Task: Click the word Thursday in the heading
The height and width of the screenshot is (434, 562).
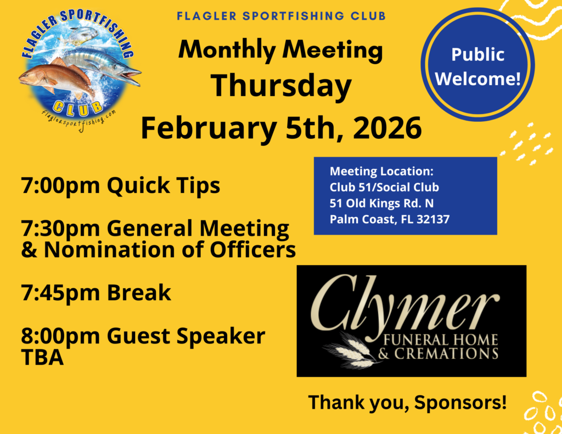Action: click(281, 86)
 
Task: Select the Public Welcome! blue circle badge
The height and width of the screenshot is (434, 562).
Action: click(478, 65)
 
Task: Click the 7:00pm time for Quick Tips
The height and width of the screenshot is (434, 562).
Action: click(60, 185)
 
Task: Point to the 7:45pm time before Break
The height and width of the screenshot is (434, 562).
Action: click(60, 292)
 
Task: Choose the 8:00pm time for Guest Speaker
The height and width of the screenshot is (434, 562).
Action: click(60, 336)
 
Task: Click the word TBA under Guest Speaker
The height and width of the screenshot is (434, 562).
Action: click(42, 357)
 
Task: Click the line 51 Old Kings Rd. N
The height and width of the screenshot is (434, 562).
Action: click(381, 203)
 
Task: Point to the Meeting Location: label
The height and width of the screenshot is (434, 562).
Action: click(381, 171)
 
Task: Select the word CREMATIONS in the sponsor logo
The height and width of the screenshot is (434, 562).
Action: click(446, 354)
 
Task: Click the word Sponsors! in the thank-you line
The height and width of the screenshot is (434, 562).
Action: click(460, 403)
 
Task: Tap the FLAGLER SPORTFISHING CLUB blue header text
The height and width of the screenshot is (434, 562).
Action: click(282, 16)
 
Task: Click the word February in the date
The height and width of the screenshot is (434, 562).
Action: click(209, 128)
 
